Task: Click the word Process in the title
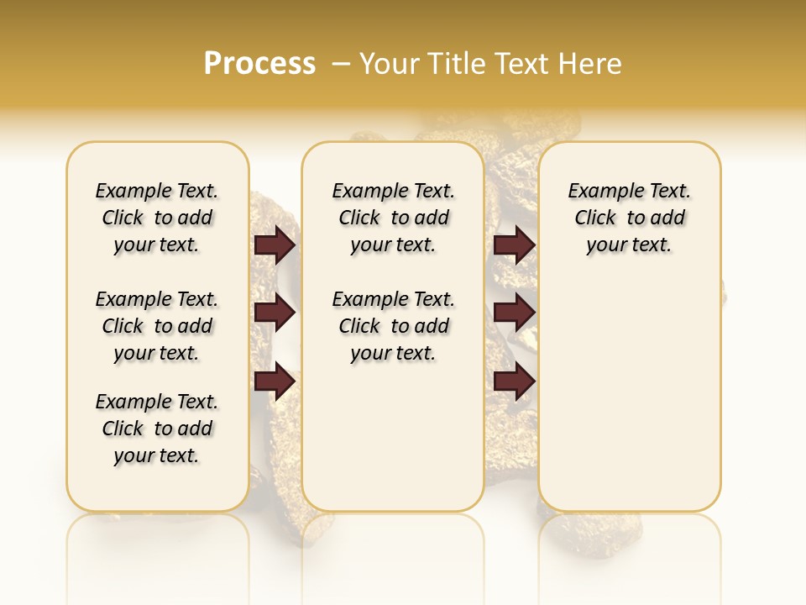tap(259, 63)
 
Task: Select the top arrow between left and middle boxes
tap(275, 245)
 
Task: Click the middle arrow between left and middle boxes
tap(275, 313)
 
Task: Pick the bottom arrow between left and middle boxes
tap(275, 381)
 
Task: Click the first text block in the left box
tap(157, 218)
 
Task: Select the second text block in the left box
tap(157, 326)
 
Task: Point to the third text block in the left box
tap(157, 429)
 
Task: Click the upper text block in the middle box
tap(393, 218)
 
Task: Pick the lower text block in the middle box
tap(393, 326)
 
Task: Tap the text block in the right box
tap(629, 218)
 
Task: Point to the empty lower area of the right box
tap(629, 395)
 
